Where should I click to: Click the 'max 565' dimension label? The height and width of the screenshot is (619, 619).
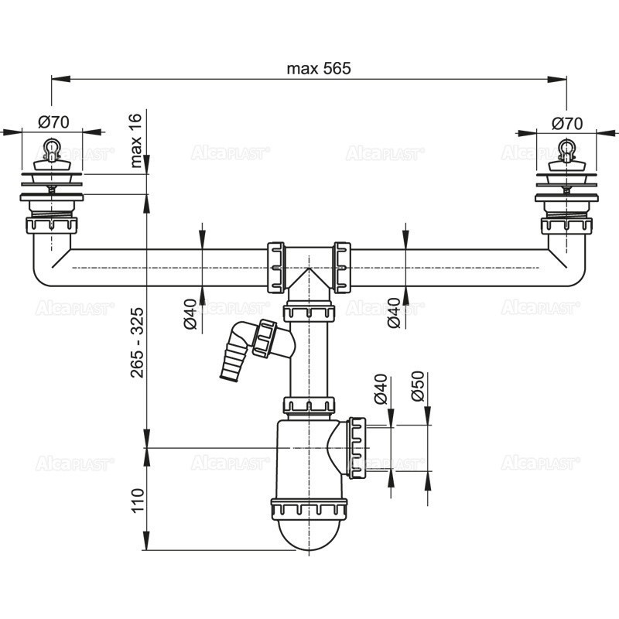click(319, 68)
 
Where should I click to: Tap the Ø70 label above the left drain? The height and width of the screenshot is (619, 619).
click(53, 122)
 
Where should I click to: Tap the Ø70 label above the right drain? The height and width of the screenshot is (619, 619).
click(567, 122)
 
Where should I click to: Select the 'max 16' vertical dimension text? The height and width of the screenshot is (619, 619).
click(137, 140)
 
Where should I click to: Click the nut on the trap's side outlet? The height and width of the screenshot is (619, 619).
click(357, 447)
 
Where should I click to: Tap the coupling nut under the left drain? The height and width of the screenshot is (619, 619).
click(52, 226)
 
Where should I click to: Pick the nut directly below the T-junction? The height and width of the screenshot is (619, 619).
click(309, 313)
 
